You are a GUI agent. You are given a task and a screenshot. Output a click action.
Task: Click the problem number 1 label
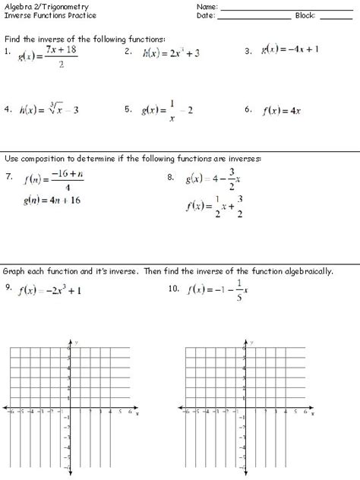coord(6,52)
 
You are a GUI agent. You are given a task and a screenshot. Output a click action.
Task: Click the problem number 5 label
coord(128,109)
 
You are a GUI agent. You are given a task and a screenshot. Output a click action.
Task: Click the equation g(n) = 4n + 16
coord(52,201)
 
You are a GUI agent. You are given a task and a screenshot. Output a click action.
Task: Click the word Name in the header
coord(207,5)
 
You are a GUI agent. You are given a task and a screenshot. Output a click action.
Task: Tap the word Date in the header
coord(205,14)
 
